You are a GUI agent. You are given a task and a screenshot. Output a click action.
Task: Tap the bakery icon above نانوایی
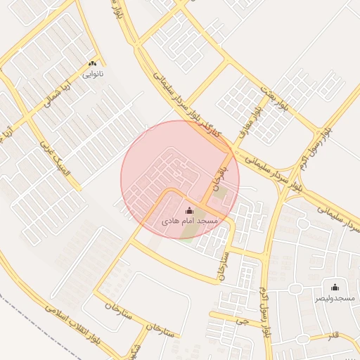coord(92,63)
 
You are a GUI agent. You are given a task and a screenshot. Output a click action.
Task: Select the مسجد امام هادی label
coord(190,221)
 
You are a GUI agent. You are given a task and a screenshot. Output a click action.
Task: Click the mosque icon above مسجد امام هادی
coord(188,210)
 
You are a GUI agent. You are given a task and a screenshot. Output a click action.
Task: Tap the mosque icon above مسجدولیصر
coord(335,287)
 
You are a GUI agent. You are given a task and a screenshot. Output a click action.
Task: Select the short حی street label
coord(244,321)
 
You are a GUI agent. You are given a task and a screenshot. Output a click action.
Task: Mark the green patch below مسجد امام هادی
coord(186,236)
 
